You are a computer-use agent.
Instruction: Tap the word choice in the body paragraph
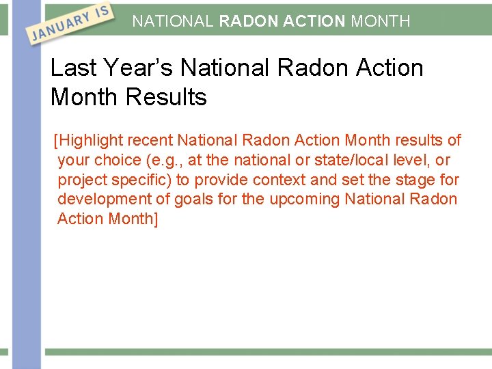[x=118, y=161]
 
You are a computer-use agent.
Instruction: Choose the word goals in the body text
[x=193, y=200]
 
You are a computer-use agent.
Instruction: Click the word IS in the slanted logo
[x=100, y=12]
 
